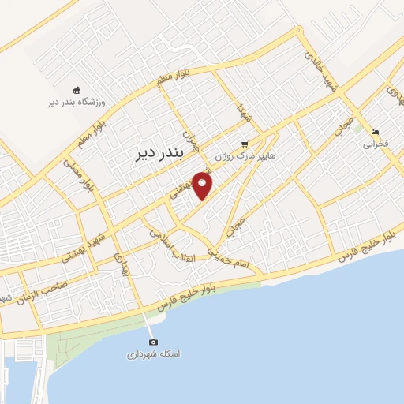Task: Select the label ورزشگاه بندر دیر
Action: (77, 102)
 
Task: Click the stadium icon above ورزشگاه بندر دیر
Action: (77, 89)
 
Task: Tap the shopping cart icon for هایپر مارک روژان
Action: (245, 144)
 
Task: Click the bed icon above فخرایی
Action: (375, 133)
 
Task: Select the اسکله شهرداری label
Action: (154, 354)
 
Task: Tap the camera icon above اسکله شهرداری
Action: (153, 342)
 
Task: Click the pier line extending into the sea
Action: (148, 324)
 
